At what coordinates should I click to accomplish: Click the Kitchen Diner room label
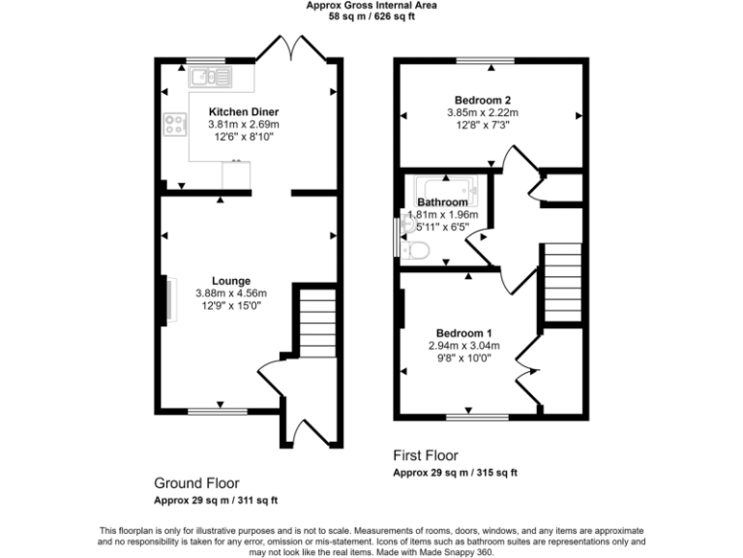point(244,111)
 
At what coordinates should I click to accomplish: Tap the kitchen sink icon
point(210,76)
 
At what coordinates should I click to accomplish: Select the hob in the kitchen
point(176,123)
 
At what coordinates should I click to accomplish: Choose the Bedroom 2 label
point(483,100)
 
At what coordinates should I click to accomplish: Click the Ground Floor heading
point(196,482)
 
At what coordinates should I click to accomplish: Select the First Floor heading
point(426,454)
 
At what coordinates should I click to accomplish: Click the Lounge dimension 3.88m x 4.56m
point(230,293)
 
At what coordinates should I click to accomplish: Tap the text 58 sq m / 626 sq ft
point(371,16)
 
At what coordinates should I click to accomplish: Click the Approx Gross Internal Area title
point(371,5)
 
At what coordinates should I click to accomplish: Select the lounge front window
point(219,412)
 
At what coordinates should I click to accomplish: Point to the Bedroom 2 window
point(486,61)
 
